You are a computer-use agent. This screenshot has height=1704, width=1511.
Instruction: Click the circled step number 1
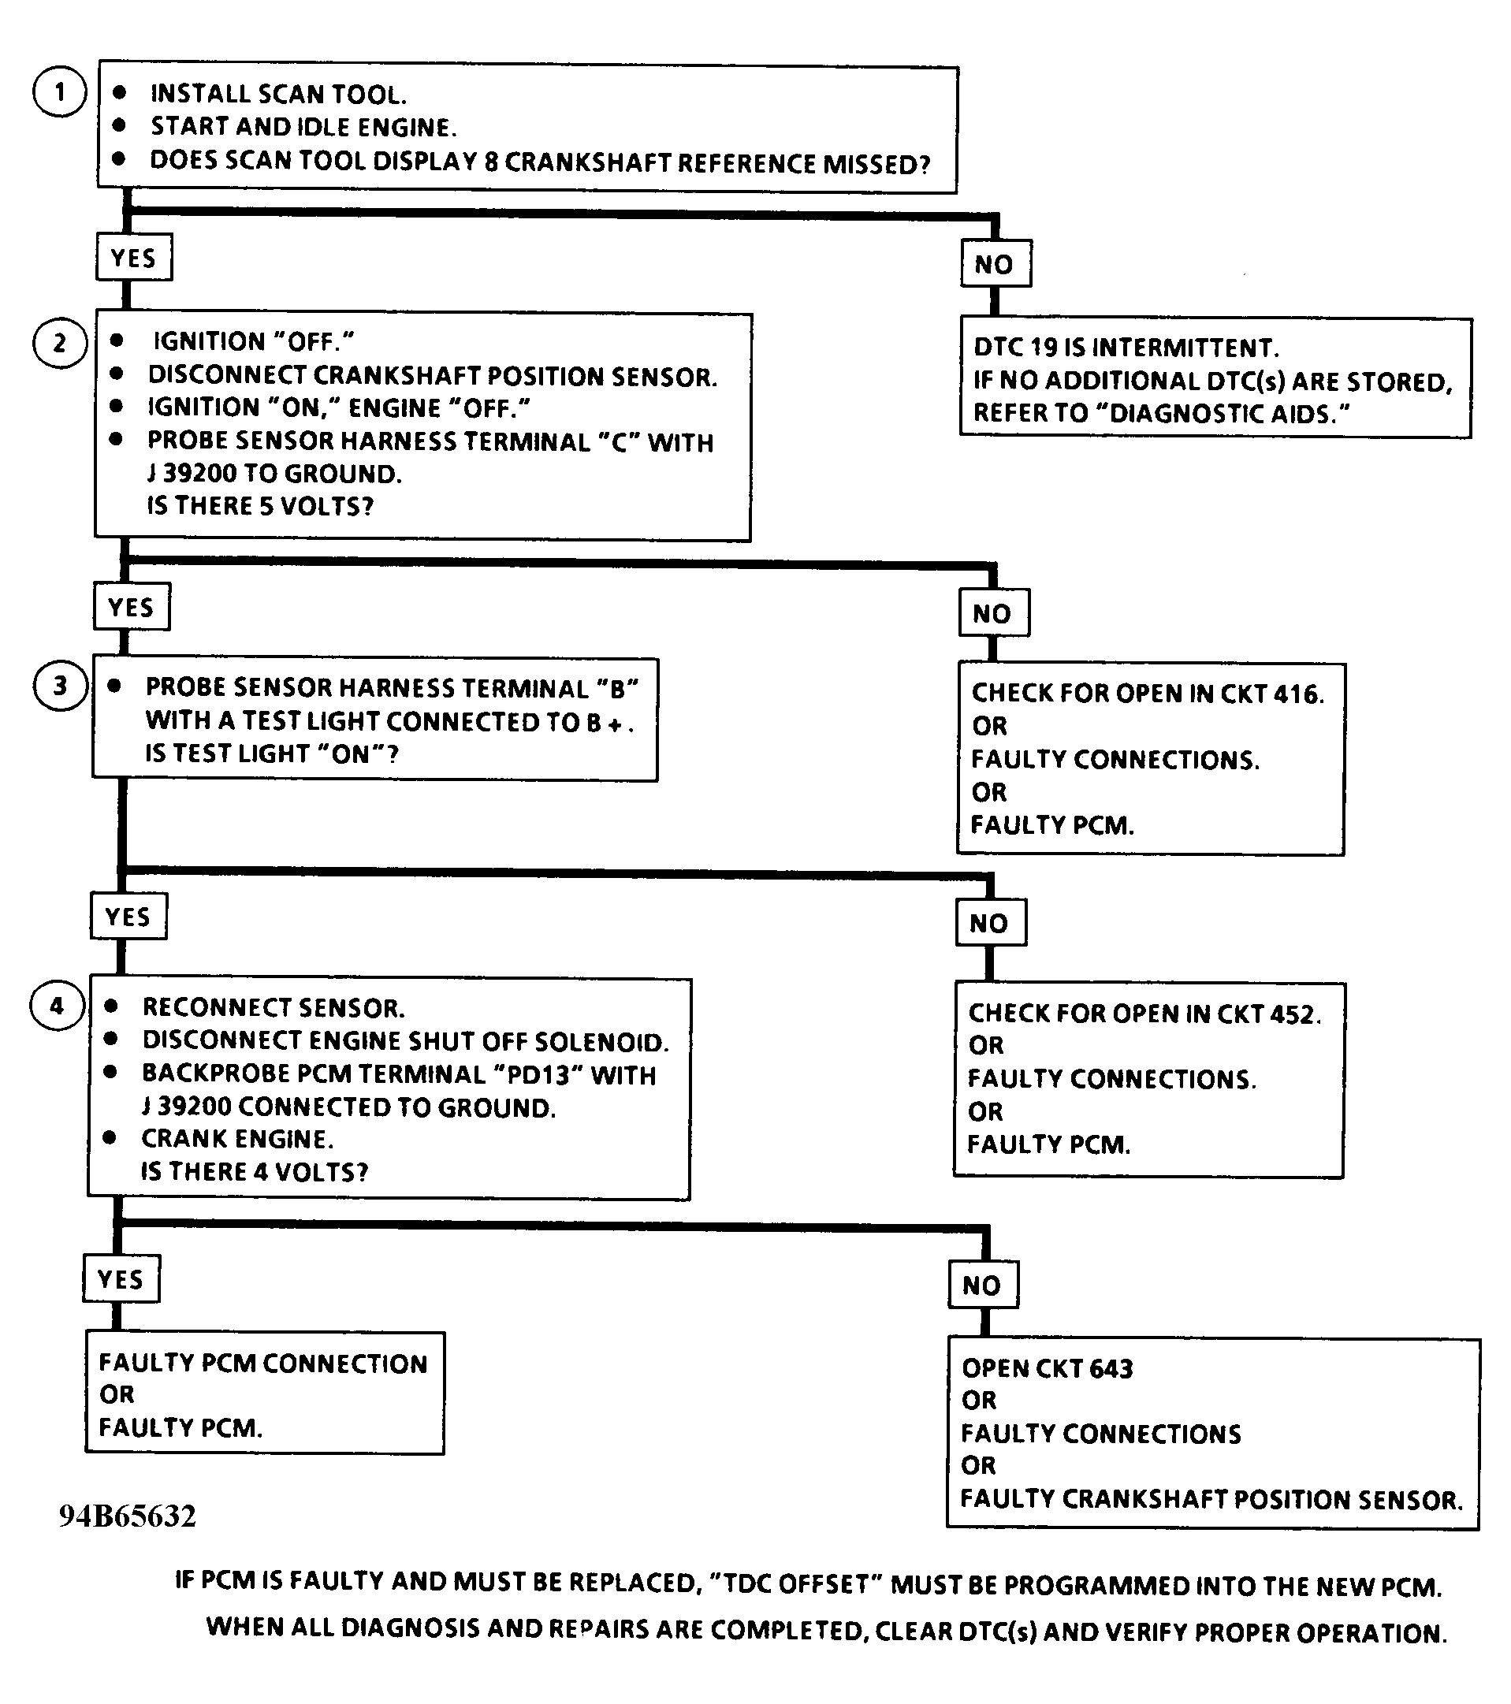coord(59,91)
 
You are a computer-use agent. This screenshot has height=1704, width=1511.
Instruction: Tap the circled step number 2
coord(59,343)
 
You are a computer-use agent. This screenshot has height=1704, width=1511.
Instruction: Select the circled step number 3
coord(59,685)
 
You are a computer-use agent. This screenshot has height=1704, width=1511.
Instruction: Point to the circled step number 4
coord(57,1006)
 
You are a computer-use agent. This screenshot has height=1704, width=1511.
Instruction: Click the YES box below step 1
coord(133,258)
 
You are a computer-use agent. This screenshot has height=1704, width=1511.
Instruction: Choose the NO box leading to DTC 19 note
coord(995,264)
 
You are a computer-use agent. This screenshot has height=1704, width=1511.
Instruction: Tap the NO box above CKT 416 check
coord(992,613)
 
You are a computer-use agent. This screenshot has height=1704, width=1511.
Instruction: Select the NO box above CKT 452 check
coord(990,923)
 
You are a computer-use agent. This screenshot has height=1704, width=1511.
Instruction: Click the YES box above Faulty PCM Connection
coord(121,1278)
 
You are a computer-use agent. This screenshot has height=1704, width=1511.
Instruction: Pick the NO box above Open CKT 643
coord(982,1285)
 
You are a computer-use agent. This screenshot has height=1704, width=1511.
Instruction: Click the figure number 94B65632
coord(128,1515)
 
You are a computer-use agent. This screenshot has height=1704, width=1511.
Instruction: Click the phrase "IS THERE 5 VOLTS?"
coord(260,506)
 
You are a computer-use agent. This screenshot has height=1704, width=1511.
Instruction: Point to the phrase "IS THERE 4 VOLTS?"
coord(255,1171)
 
